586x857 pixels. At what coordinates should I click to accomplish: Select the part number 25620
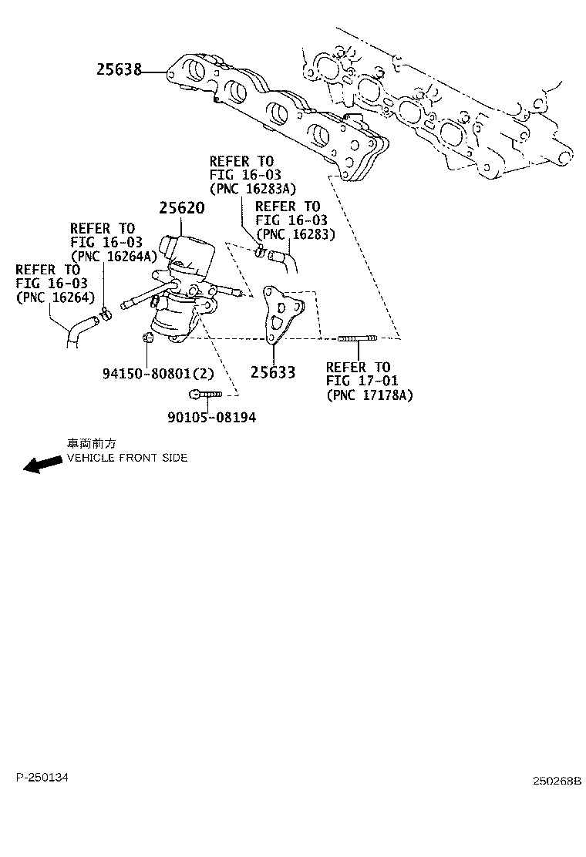182,208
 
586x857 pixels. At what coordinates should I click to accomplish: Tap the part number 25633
272,373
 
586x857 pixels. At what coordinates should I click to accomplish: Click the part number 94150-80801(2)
157,373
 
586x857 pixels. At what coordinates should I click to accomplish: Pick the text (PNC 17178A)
369,395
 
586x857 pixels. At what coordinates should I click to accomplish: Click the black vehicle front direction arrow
42,464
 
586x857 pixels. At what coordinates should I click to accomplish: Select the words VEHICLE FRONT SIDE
127,458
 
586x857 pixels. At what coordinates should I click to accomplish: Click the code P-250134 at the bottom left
42,778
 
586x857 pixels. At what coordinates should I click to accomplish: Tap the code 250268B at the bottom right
556,781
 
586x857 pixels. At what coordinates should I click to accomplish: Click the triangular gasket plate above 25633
280,316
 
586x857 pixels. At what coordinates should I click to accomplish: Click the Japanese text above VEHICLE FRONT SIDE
92,445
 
